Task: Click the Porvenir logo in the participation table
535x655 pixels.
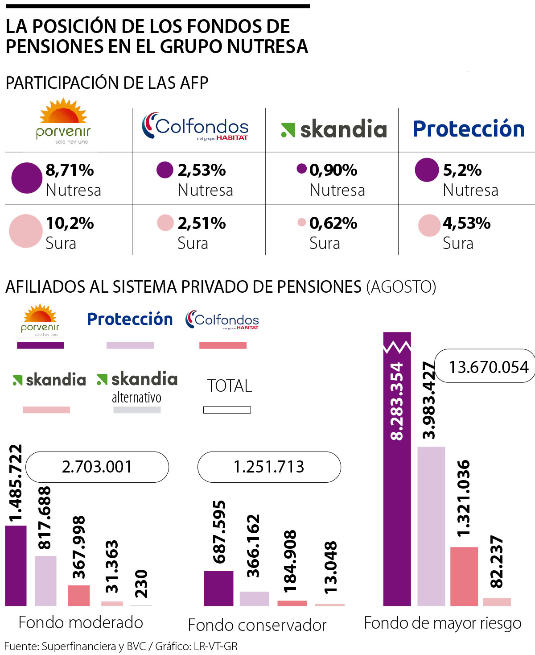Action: [63, 121]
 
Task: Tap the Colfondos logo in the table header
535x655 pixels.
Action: [195, 126]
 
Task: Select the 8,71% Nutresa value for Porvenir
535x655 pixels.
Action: [70, 170]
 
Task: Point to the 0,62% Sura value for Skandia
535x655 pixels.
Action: [333, 223]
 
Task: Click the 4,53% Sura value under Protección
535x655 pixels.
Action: [466, 223]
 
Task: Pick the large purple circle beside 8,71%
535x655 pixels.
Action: [27, 178]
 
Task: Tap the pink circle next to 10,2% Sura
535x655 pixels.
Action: [26, 231]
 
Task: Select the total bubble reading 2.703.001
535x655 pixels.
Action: [97, 467]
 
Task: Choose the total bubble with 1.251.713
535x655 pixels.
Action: [269, 467]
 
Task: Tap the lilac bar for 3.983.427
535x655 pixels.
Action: [431, 526]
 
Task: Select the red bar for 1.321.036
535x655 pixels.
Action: [464, 576]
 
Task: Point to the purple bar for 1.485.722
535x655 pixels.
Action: [16, 566]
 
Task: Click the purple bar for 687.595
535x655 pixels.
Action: [218, 588]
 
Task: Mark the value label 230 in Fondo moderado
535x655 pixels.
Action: [141, 584]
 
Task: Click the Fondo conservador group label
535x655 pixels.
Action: [257, 625]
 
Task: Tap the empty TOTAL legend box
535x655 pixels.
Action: [227, 410]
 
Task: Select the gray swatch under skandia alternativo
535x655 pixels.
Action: [137, 410]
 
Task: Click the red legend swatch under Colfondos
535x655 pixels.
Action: [222, 345]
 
